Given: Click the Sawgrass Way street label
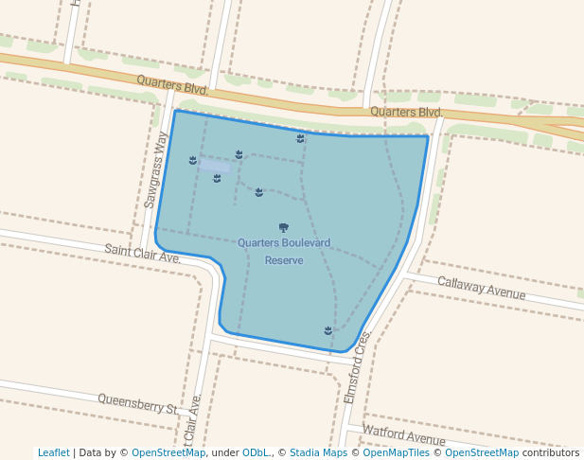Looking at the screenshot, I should (x=156, y=170).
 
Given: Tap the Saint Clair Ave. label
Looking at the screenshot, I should (x=142, y=253).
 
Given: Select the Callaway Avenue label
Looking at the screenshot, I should (x=482, y=287).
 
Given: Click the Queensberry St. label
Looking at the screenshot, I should (x=138, y=404).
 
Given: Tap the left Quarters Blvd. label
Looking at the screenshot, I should (x=172, y=86).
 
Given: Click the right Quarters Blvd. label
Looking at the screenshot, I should (x=406, y=112).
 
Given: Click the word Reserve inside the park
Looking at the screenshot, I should (x=284, y=260).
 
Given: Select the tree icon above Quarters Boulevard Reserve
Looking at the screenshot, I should (x=284, y=227).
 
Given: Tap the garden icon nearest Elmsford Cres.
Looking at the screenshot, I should (x=327, y=330).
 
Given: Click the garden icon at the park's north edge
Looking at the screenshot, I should (x=300, y=138).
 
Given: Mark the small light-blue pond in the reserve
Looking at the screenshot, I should (x=214, y=165).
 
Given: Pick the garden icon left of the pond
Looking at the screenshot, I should (x=193, y=160).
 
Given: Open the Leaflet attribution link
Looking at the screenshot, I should (x=54, y=452).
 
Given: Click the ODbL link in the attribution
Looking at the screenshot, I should (x=255, y=452).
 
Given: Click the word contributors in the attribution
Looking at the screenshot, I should (x=550, y=452).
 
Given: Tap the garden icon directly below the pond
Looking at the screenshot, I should (x=217, y=178).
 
